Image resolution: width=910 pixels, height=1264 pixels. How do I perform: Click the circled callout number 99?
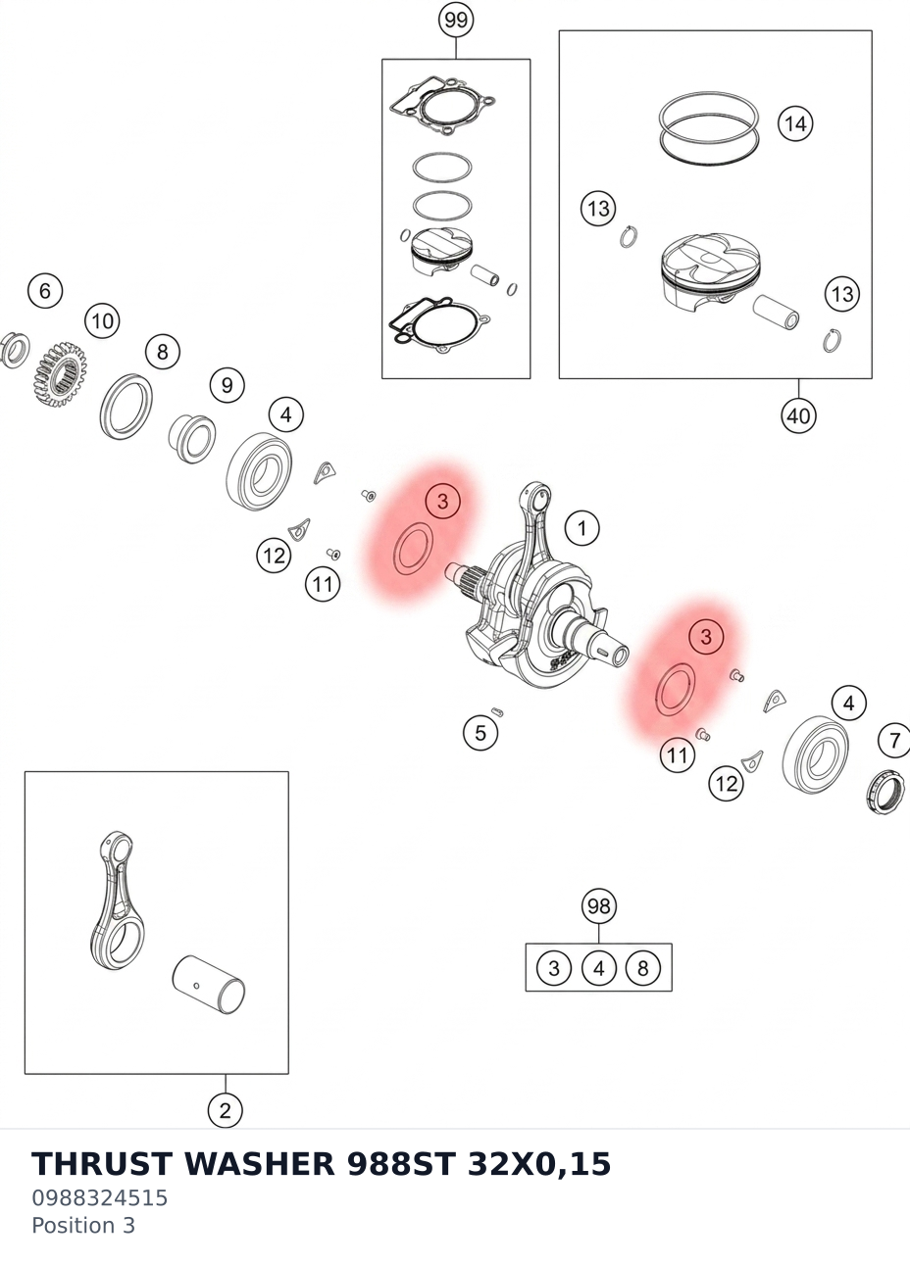456,21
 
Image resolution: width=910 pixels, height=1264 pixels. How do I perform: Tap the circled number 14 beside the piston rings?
795,123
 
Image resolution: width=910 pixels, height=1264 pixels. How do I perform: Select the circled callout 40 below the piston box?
798,416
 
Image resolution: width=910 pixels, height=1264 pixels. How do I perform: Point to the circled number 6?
45,291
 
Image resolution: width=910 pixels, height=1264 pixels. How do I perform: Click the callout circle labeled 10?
102,321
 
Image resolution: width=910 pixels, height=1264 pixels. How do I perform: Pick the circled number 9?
227,385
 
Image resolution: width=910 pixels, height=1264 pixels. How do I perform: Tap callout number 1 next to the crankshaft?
581,529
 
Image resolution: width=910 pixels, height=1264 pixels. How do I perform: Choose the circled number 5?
480,733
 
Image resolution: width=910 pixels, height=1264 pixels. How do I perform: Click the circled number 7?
894,740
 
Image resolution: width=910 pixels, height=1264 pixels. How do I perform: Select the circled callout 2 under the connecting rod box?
226,1110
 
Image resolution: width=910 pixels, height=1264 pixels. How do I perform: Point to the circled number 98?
599,906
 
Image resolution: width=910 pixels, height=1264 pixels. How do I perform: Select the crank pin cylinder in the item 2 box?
209,985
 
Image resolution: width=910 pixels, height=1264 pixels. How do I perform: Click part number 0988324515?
99,1197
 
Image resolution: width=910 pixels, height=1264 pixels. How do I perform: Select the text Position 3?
83,1225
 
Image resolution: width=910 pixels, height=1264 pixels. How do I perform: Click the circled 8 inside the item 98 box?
643,968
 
